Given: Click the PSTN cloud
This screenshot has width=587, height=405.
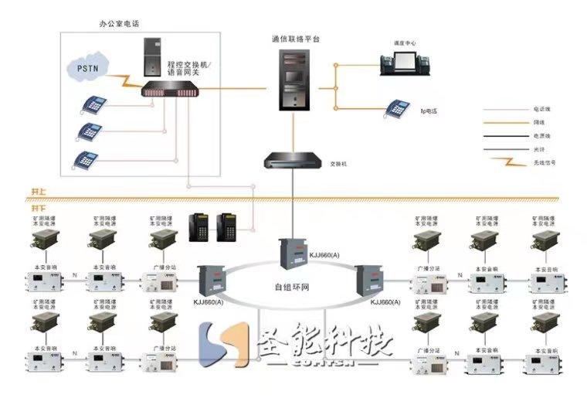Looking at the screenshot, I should tap(87, 67).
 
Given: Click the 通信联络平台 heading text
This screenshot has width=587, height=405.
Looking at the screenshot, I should tap(294, 38).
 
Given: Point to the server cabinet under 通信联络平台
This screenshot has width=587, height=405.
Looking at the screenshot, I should tap(293, 79).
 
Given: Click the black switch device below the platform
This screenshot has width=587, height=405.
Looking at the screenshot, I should tap(293, 161).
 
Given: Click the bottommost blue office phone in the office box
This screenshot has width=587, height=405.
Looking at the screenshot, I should tap(87, 160).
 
